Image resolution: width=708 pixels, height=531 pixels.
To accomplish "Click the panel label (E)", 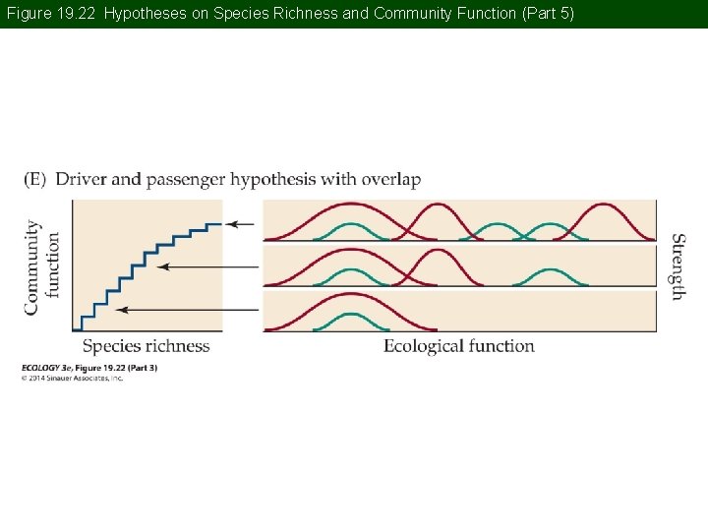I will click(x=35, y=180).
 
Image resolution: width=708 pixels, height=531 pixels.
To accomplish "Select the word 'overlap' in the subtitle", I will click(x=390, y=180).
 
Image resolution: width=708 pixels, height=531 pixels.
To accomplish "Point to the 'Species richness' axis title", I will click(x=146, y=346).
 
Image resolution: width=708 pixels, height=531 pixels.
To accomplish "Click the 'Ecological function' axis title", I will click(x=458, y=346).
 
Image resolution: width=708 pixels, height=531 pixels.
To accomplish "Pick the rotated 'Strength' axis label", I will click(x=678, y=265).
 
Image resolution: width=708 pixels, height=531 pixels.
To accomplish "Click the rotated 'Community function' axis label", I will click(x=42, y=266).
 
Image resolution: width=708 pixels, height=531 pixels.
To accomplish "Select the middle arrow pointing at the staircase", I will click(x=208, y=266).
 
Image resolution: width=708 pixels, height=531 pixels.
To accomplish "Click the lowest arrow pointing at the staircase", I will click(x=187, y=310).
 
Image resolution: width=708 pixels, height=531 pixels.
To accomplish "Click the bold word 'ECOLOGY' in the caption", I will click(x=41, y=368).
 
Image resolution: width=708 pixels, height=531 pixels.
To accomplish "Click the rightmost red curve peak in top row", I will click(x=602, y=206).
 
